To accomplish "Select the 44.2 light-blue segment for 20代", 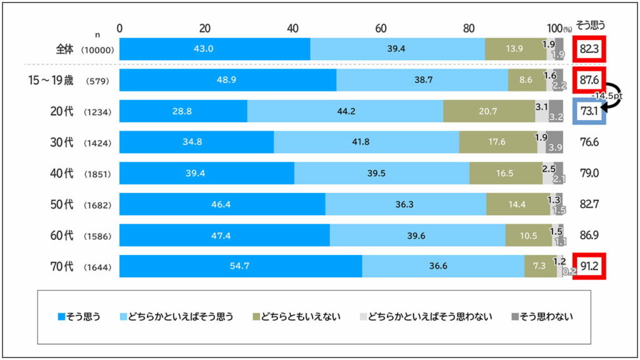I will click(x=345, y=111).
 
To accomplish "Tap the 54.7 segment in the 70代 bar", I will click(x=241, y=266).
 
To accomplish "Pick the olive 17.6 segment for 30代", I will click(x=498, y=142).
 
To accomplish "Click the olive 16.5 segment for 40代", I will click(x=506, y=173).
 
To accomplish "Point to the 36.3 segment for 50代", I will click(x=406, y=204).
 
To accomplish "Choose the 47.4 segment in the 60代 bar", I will click(x=224, y=235).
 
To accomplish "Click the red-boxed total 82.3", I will click(x=588, y=49).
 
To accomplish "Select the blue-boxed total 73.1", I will click(x=588, y=112).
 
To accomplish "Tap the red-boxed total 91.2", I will click(x=588, y=266).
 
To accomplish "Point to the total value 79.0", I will click(x=588, y=173).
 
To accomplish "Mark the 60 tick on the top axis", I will click(x=381, y=28).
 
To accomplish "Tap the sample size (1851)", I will click(x=97, y=174).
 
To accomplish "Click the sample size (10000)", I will click(x=97, y=50).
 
